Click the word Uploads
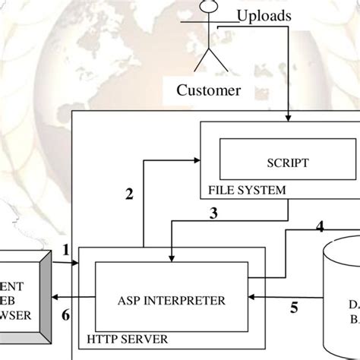point(262,14)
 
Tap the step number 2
point(129,194)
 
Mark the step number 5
point(294,309)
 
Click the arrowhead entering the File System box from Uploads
point(289,118)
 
